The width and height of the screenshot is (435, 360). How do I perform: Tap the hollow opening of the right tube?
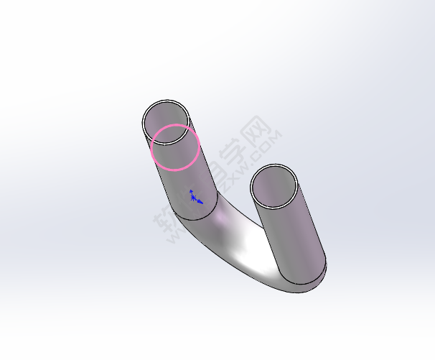pos(273,186)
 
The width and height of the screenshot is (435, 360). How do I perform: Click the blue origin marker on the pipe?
pos(193,196)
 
